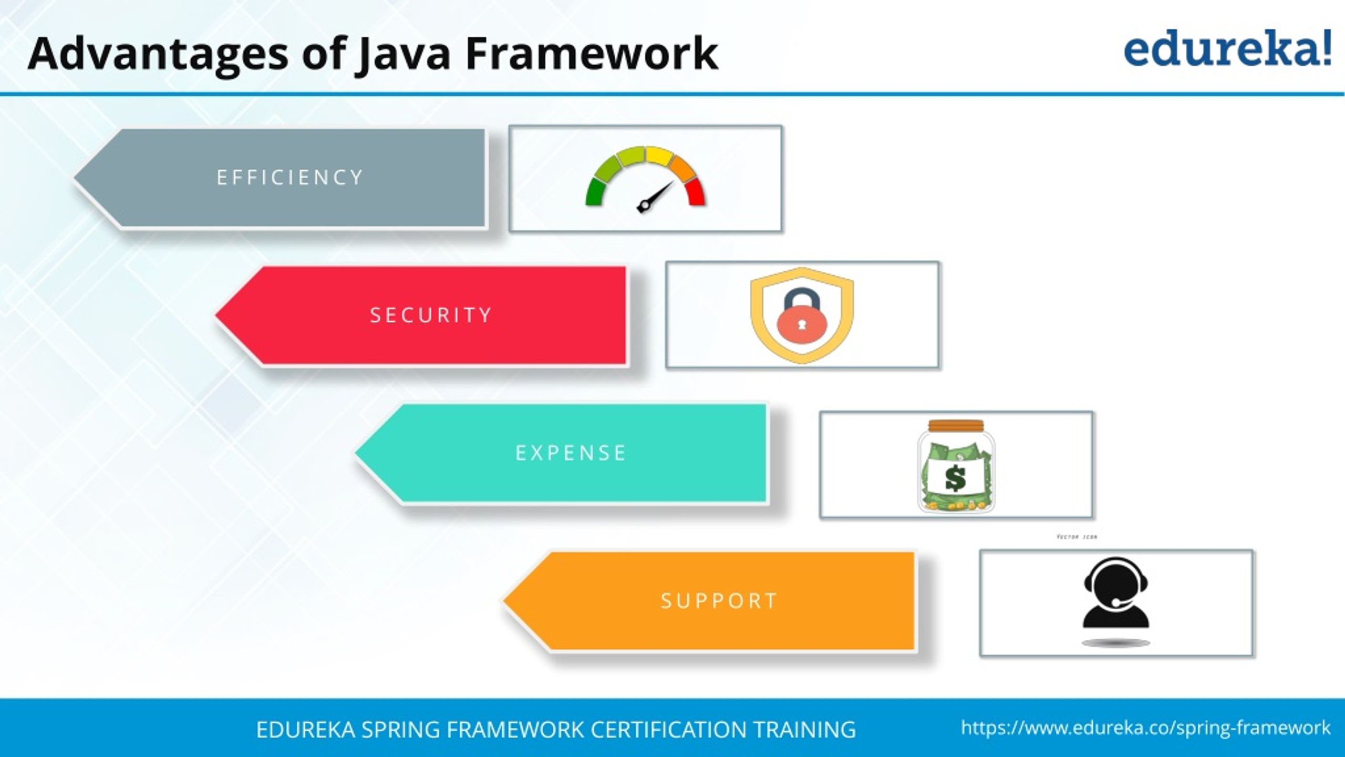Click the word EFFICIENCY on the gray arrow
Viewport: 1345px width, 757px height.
290,178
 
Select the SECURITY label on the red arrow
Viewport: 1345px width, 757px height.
431,315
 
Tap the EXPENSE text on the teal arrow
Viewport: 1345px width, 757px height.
571,453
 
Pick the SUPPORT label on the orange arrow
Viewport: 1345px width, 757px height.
719,601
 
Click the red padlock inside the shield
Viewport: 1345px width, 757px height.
802,325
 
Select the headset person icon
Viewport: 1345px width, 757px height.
1116,594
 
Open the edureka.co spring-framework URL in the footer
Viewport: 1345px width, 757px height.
1145,728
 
